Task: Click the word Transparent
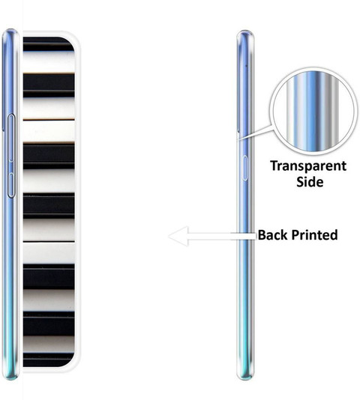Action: coord(308,166)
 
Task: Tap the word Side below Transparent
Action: coord(310,182)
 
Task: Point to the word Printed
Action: coord(314,234)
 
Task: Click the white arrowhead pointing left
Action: coord(178,236)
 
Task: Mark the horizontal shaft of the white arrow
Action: coord(222,236)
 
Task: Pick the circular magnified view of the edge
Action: coord(314,111)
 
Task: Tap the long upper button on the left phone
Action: coord(11,138)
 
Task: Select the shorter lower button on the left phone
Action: coord(11,185)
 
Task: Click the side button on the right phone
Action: coord(244,168)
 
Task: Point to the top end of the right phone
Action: coord(245,31)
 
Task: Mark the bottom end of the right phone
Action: coord(245,378)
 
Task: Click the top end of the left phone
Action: coord(10,30)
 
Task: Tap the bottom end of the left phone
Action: coord(10,378)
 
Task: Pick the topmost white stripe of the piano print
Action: coord(49,62)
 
